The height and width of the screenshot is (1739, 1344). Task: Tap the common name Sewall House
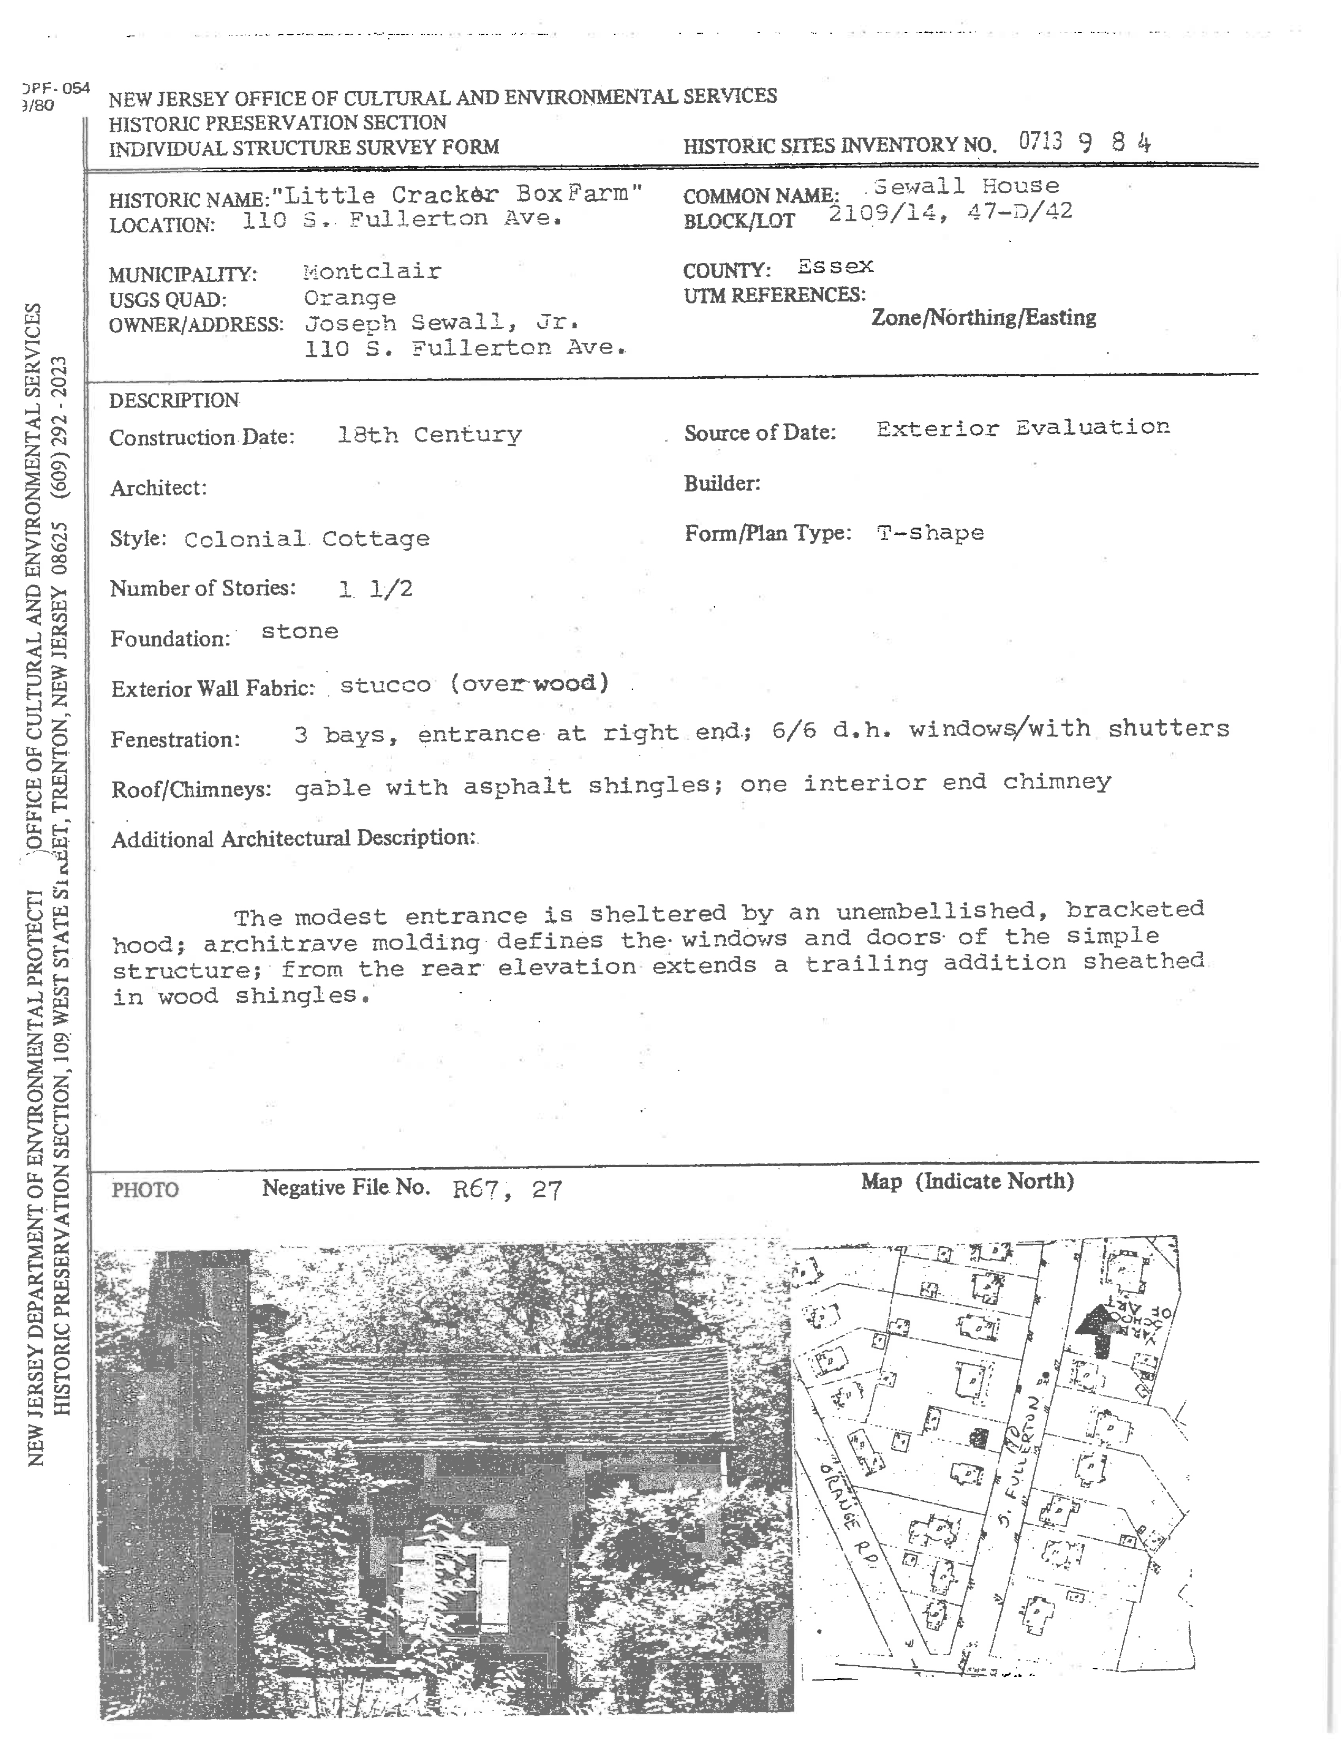click(966, 187)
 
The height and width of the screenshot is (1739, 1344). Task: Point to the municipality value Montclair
click(372, 271)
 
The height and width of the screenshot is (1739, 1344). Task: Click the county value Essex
click(835, 267)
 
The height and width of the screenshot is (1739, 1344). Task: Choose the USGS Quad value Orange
click(349, 298)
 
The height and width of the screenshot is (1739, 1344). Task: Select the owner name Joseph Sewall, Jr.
click(442, 323)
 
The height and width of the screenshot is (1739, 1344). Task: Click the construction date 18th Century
click(429, 435)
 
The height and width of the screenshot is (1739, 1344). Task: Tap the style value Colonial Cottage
click(307, 539)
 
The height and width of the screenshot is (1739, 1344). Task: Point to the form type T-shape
click(930, 533)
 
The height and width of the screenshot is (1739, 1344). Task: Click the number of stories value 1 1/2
click(375, 589)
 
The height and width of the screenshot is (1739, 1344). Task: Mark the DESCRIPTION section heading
click(173, 400)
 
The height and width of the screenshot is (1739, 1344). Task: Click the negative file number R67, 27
click(507, 1189)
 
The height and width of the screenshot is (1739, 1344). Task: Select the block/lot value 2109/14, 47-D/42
click(950, 212)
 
